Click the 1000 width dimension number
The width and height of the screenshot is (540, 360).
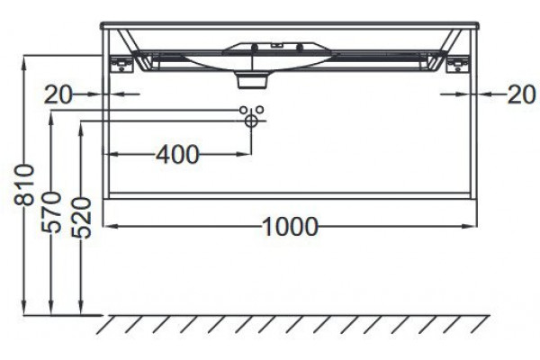point(290,227)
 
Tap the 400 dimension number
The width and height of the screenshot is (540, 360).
point(177,154)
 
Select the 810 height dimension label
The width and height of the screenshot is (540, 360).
point(24,185)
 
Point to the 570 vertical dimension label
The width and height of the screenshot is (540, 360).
point(51,212)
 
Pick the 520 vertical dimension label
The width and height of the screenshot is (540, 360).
point(81,218)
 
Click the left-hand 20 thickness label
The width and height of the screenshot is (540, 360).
point(58,94)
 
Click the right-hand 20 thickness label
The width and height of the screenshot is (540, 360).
point(522,94)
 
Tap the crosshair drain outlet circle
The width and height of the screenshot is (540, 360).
point(251,121)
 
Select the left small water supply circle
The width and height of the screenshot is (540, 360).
point(243,110)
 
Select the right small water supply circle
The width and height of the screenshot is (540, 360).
point(260,110)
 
